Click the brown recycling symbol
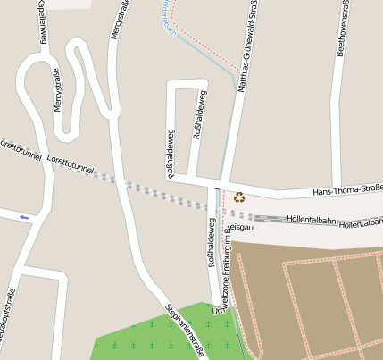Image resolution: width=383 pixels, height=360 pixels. [239, 197]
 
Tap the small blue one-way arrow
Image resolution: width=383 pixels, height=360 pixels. [23, 217]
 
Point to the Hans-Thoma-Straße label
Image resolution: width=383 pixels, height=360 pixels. [347, 190]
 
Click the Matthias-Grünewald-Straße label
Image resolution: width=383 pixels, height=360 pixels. [246, 45]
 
